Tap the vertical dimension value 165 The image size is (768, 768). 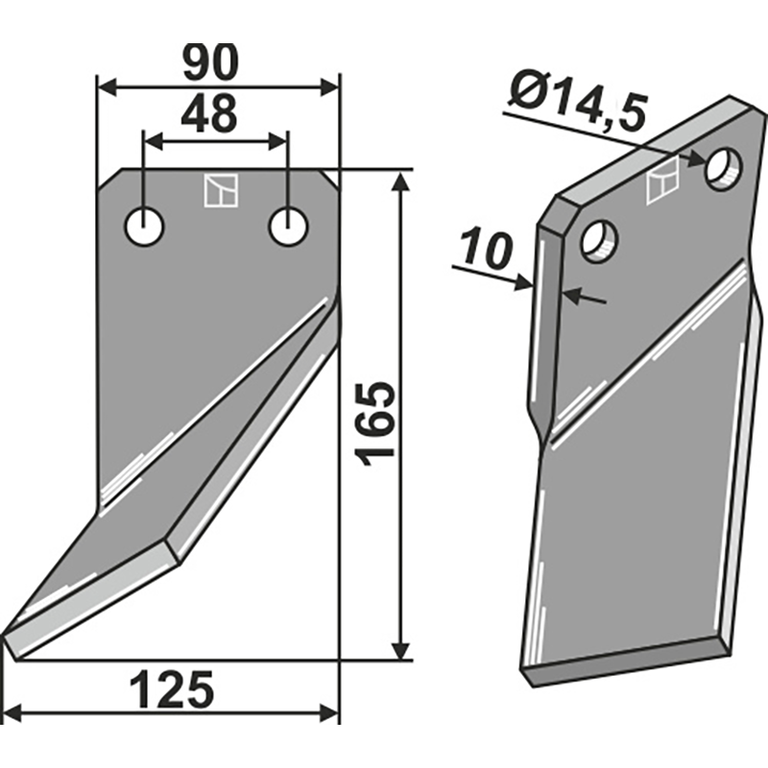[375, 422]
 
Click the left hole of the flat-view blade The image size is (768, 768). [145, 228]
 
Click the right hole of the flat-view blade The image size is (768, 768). [288, 228]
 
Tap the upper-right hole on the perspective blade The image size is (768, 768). [724, 169]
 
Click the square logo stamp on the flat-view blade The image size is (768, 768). [220, 190]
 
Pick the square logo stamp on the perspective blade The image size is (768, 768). [662, 181]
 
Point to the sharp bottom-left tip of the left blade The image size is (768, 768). [8, 636]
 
